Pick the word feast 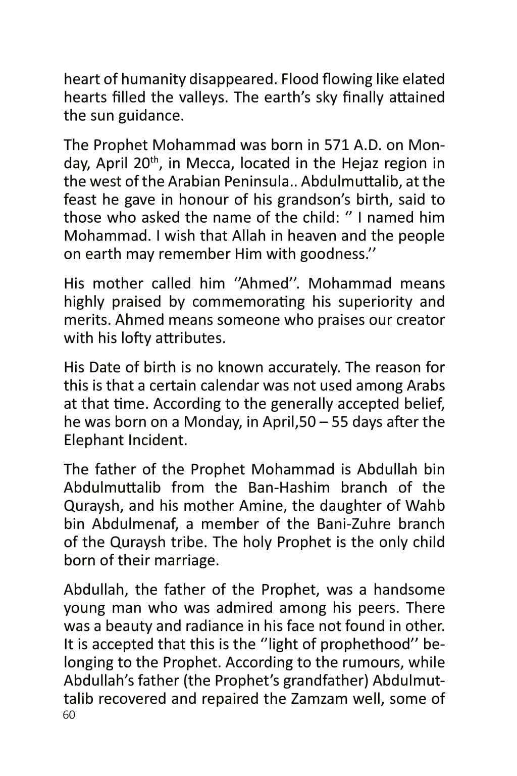[80, 200]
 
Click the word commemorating [248, 302]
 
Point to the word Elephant [93, 440]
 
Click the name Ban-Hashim [289, 488]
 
